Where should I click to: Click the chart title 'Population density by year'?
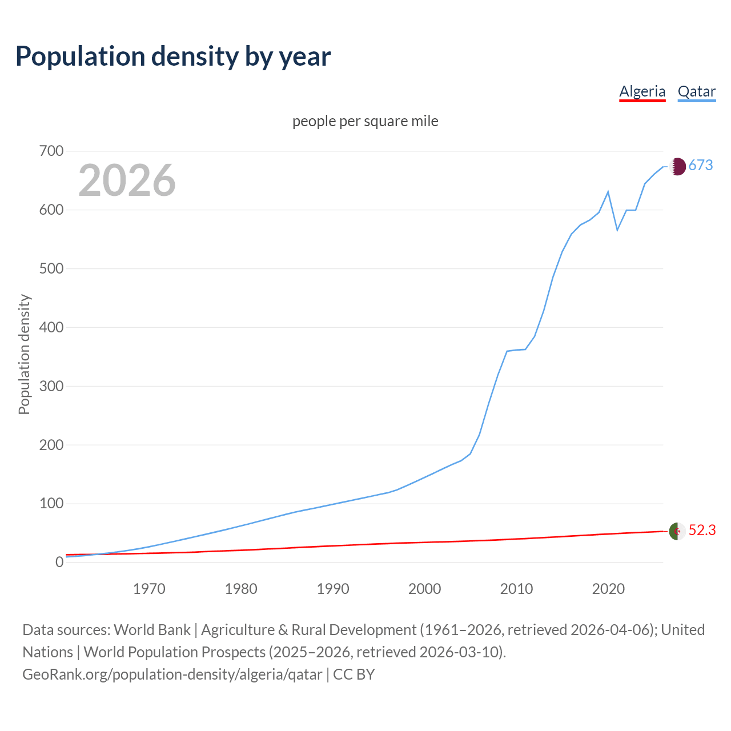173,57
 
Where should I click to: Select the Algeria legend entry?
642,91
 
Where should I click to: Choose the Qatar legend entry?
696,91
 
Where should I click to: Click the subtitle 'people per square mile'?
365,121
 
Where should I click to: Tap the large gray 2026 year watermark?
127,180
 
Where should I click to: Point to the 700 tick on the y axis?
51,151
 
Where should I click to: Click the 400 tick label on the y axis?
51,328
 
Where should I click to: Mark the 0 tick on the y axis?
59,563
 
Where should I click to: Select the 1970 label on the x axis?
149,589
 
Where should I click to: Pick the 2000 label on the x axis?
424,589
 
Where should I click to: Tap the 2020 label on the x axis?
608,589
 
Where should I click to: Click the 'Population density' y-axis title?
24,354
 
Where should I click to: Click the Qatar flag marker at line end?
677,166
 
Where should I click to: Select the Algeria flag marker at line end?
677,531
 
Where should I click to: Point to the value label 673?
701,166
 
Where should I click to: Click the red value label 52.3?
702,531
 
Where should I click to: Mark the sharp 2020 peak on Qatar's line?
608,192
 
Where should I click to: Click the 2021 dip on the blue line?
617,230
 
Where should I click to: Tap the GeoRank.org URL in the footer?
172,674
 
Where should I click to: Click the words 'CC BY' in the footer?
354,674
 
